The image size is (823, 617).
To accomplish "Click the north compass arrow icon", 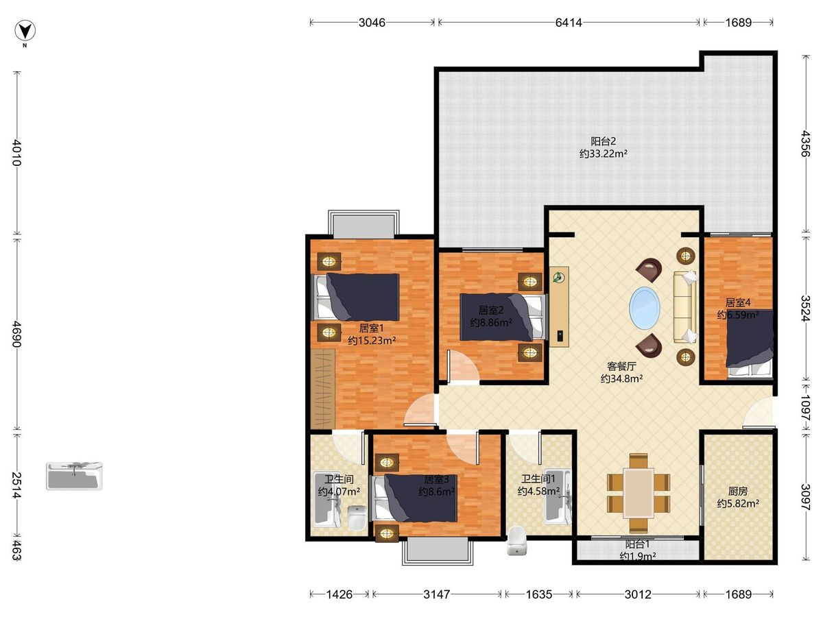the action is [25, 31].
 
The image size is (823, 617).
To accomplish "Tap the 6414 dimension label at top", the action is [569, 23].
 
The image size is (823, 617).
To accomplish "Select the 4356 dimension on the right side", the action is [804, 143].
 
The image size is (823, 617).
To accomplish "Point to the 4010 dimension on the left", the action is [17, 152].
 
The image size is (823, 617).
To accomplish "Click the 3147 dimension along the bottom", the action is [436, 594].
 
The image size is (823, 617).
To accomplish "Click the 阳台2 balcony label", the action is [604, 141].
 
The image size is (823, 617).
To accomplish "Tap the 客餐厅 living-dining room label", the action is [621, 366].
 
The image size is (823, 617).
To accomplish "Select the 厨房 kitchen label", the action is [738, 491].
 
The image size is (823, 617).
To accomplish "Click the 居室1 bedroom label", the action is [371, 328].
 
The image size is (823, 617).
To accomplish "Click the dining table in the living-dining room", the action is [638, 493].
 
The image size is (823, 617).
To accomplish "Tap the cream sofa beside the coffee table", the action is [685, 308].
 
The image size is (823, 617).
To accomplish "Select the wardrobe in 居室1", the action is [322, 389].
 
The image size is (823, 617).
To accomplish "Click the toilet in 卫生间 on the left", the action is [357, 518].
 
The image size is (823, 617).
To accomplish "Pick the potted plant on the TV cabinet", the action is [558, 277].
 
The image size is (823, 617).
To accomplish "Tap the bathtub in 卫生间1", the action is [558, 496].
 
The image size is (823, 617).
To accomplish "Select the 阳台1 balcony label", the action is [637, 544].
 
